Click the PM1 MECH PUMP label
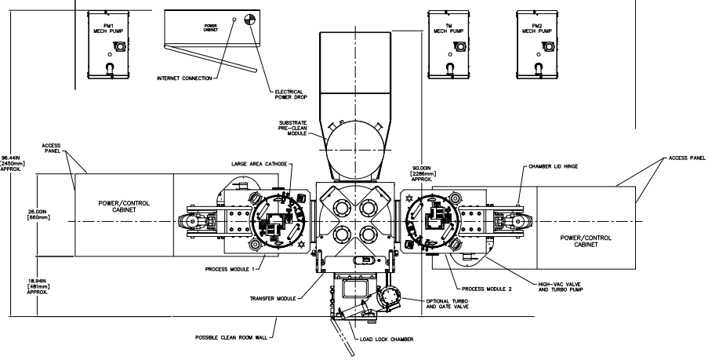pos(109,28)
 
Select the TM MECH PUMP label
pos(448,28)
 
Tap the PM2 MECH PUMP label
pos(537,28)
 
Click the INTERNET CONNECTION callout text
pos(184,78)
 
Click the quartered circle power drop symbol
pos(250,20)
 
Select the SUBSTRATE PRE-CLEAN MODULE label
pos(292,128)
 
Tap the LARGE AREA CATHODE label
pos(259,164)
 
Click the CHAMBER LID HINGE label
pos(553,166)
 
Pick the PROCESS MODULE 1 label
pos(230,269)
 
